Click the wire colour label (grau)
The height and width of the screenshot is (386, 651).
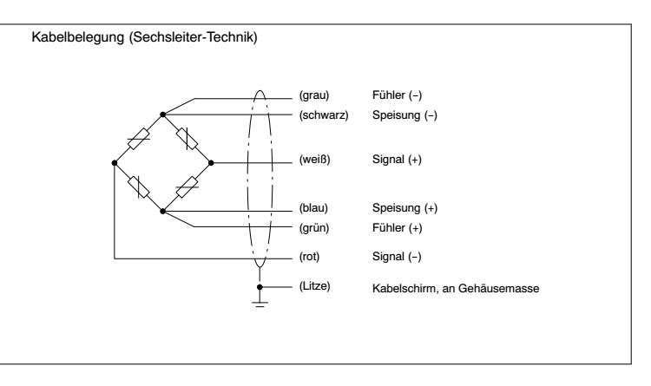314,95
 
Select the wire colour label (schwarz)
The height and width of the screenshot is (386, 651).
324,115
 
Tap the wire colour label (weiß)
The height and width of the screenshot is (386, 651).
315,160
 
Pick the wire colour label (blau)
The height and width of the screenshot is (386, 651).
313,208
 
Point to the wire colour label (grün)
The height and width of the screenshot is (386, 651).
314,228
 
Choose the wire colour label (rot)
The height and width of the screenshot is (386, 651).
309,257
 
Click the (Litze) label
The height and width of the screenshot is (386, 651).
315,286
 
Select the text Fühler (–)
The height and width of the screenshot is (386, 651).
397,95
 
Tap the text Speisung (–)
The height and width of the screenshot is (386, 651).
404,115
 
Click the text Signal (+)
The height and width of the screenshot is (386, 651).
397,160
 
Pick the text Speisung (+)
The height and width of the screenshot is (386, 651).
404,208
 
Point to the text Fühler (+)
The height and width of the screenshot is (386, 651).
398,228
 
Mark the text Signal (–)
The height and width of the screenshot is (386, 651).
397,257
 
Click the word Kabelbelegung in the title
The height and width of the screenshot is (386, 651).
78,37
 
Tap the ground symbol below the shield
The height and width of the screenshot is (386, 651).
260,304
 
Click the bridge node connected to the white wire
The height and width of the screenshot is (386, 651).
211,163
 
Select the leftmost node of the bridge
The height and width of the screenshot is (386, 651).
115,163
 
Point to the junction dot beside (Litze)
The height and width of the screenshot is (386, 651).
260,287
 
